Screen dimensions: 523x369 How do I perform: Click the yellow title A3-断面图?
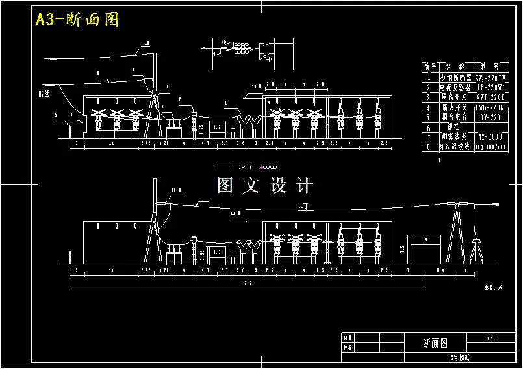coord(77,19)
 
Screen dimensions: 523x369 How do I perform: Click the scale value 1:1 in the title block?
coord(491,338)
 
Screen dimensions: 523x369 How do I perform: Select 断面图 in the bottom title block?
coord(435,342)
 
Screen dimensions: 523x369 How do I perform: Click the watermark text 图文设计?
coord(265,186)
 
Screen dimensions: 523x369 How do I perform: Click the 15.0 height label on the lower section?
coord(175,190)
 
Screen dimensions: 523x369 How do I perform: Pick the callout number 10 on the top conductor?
coord(146,44)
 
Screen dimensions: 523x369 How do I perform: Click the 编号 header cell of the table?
coord(429,66)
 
